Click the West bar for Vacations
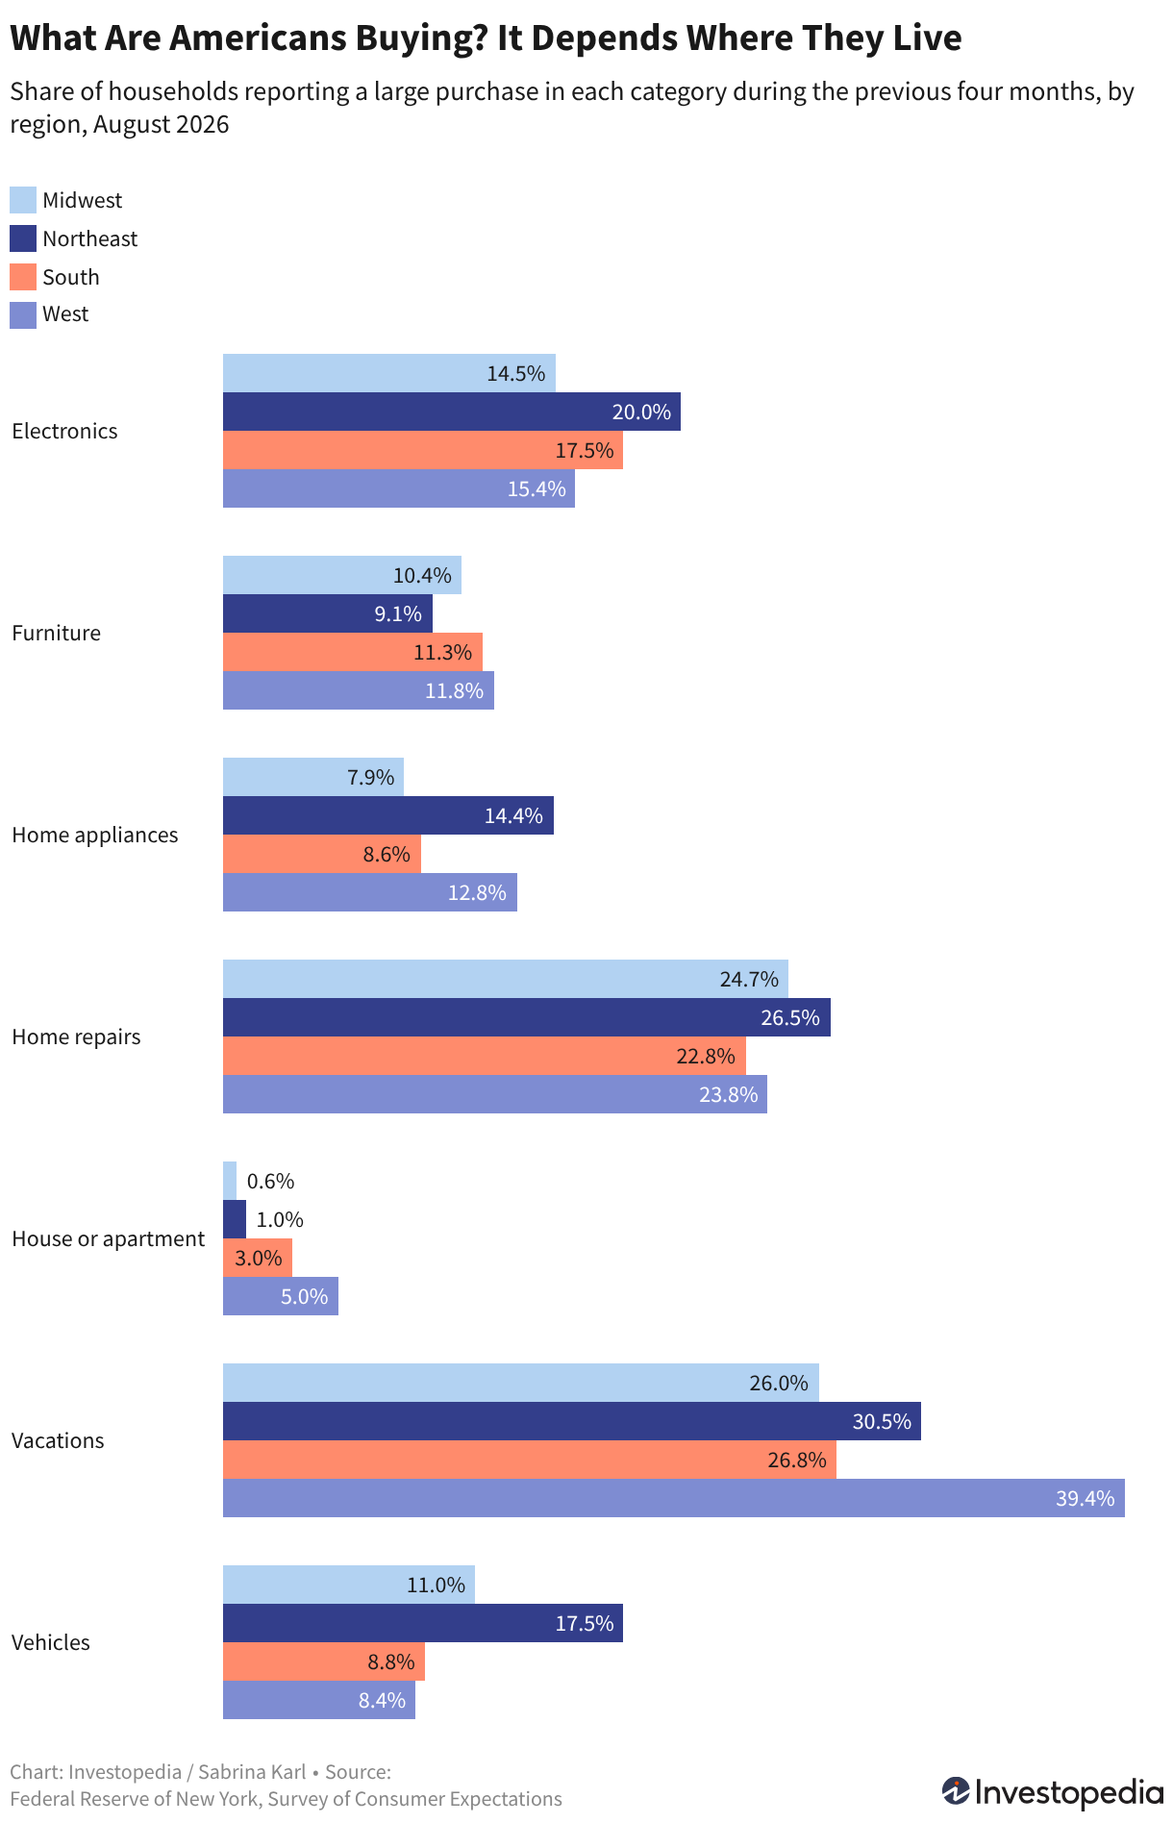[x=673, y=1498]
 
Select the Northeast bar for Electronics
[x=452, y=412]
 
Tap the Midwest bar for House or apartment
[x=230, y=1181]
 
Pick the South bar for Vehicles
[x=324, y=1661]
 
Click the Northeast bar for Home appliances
[x=388, y=815]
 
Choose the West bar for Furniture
[x=359, y=690]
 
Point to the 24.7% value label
[x=749, y=979]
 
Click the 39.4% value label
[x=1086, y=1498]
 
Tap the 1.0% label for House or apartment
[x=280, y=1219]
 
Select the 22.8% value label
[x=706, y=1056]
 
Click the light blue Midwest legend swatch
[x=23, y=200]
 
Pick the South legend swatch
[x=23, y=277]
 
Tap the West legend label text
[x=65, y=314]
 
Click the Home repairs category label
[x=76, y=1036]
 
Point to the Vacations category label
[x=58, y=1440]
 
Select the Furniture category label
[x=56, y=633]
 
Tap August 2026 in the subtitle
[x=162, y=125]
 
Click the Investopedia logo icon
[x=956, y=1791]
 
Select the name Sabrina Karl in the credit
[x=252, y=1772]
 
